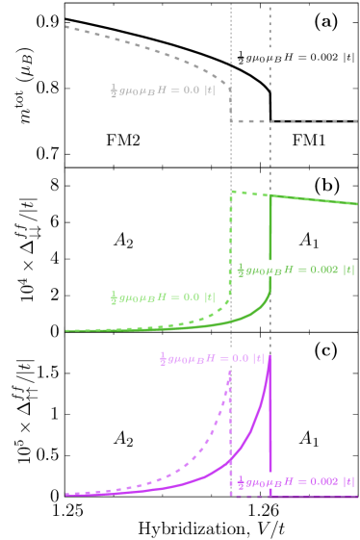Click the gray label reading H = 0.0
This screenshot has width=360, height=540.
[x=162, y=90]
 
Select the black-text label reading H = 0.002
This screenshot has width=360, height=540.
[x=296, y=57]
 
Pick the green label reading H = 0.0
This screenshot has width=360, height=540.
[x=162, y=296]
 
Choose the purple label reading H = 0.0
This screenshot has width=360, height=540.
[x=211, y=358]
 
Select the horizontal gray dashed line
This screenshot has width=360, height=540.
[x=298, y=121]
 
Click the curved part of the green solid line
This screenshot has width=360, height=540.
[x=241, y=319]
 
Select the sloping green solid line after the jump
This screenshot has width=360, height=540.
[x=318, y=200]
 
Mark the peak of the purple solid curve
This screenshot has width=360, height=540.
[x=270, y=357]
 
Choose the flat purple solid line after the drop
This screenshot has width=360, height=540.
[x=318, y=496]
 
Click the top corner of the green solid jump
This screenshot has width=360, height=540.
[x=270, y=195]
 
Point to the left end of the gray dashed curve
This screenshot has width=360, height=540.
[x=66, y=27]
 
